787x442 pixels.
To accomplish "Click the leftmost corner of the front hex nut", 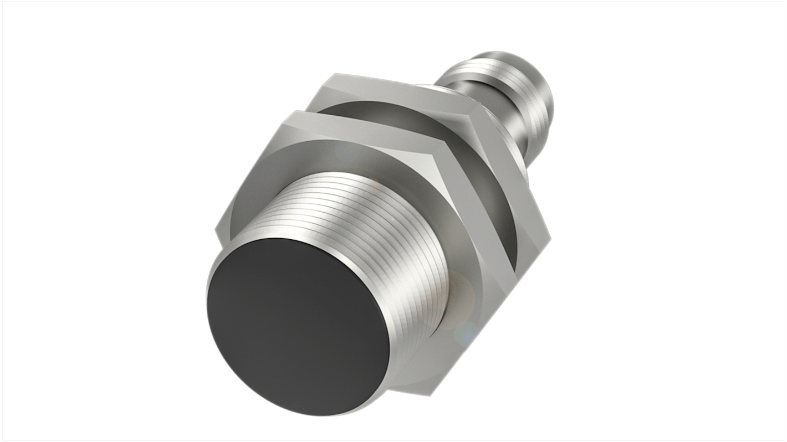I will [x=215, y=228].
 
